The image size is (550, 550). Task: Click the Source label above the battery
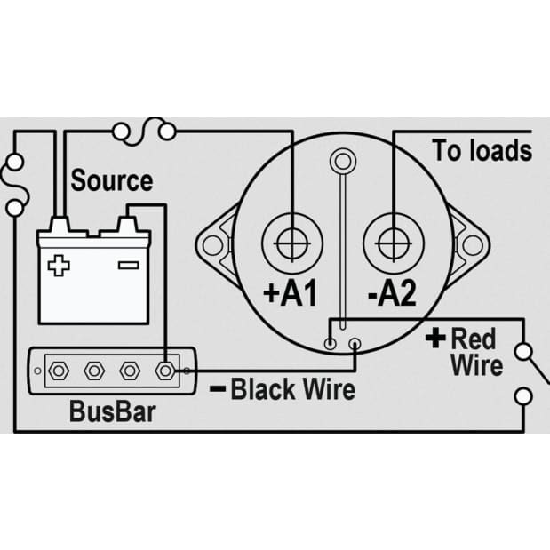click(112, 180)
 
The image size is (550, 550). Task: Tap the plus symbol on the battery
click(59, 266)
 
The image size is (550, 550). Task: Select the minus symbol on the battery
click(128, 265)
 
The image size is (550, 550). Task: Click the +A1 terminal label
click(290, 293)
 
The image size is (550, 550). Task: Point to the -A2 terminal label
click(392, 293)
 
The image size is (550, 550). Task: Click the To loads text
click(482, 150)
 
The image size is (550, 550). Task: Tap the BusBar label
click(112, 411)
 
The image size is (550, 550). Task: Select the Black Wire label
click(293, 389)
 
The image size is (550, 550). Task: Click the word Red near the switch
click(474, 339)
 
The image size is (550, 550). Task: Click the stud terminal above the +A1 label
click(292, 243)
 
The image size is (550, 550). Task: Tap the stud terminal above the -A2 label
click(394, 243)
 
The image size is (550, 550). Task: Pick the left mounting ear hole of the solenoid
click(212, 245)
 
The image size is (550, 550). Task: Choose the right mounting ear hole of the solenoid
click(473, 245)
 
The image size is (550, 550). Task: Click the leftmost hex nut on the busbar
click(59, 371)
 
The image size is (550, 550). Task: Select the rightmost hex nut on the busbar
click(165, 371)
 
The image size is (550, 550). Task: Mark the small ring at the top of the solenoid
click(343, 162)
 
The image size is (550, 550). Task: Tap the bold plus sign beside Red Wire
click(435, 338)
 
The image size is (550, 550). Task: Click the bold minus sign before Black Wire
click(218, 388)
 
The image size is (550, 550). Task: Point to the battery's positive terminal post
click(60, 225)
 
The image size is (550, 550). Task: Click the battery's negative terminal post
click(127, 225)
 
